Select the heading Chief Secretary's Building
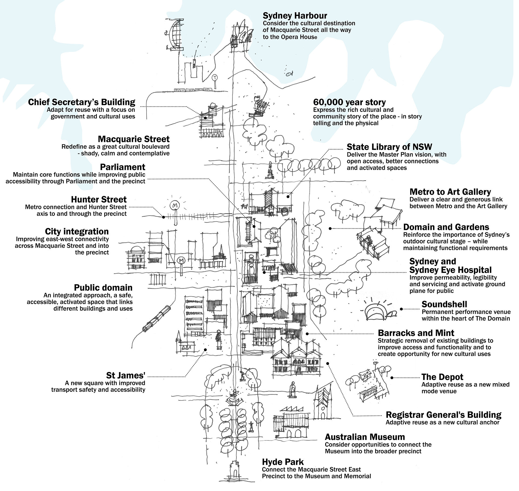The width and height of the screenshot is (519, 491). [82, 102]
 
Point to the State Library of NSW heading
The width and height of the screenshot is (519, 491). [389, 147]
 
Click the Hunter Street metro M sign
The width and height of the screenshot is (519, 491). [174, 206]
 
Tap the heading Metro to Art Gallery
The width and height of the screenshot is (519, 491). [450, 192]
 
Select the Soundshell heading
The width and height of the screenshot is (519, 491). [444, 304]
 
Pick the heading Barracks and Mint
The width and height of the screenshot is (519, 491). [416, 333]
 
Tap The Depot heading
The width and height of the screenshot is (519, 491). [442, 377]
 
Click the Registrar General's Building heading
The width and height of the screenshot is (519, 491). [444, 415]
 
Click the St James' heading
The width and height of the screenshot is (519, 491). [126, 375]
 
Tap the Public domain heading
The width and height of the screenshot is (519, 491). [103, 288]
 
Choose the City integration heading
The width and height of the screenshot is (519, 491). [77, 231]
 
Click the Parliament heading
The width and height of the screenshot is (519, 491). [122, 167]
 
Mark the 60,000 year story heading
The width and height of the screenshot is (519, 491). [349, 102]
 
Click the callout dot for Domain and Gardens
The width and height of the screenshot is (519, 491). [330, 228]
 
